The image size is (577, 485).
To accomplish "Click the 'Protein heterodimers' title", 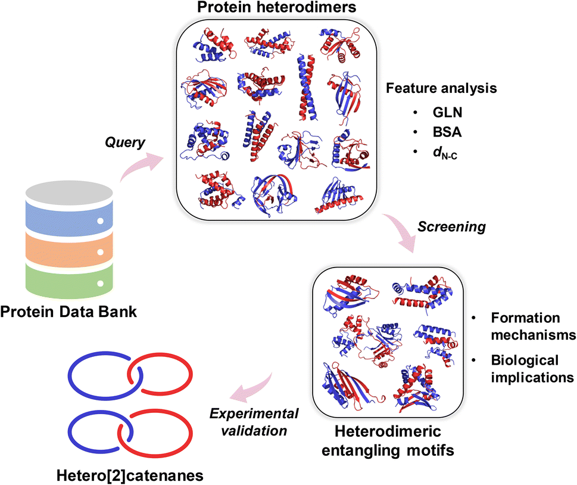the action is tap(277, 7).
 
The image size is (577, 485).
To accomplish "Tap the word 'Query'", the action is tap(124, 142).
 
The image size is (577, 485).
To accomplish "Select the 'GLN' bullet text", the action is tap(447, 113).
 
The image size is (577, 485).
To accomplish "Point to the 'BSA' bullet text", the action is tap(447, 132).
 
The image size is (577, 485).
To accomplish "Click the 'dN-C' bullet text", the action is tap(445, 153).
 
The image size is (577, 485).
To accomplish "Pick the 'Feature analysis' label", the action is tap(441, 88).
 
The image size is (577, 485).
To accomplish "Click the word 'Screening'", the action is tap(451, 227).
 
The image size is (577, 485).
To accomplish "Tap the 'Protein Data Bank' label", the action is tap(68, 312).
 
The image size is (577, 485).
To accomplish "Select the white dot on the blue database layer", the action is tap(99, 221).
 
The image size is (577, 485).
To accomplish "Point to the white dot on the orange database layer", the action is tap(99, 252).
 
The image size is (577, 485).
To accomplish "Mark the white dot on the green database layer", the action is tap(99, 284).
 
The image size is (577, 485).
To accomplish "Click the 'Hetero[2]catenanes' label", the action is tap(130, 476).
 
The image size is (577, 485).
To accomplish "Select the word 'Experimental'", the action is tap(254, 414).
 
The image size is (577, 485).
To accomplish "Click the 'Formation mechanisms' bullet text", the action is tap(533, 327).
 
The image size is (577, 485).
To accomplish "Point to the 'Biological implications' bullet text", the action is tap(532, 369).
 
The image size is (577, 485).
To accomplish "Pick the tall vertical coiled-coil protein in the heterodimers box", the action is tap(307, 88).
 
